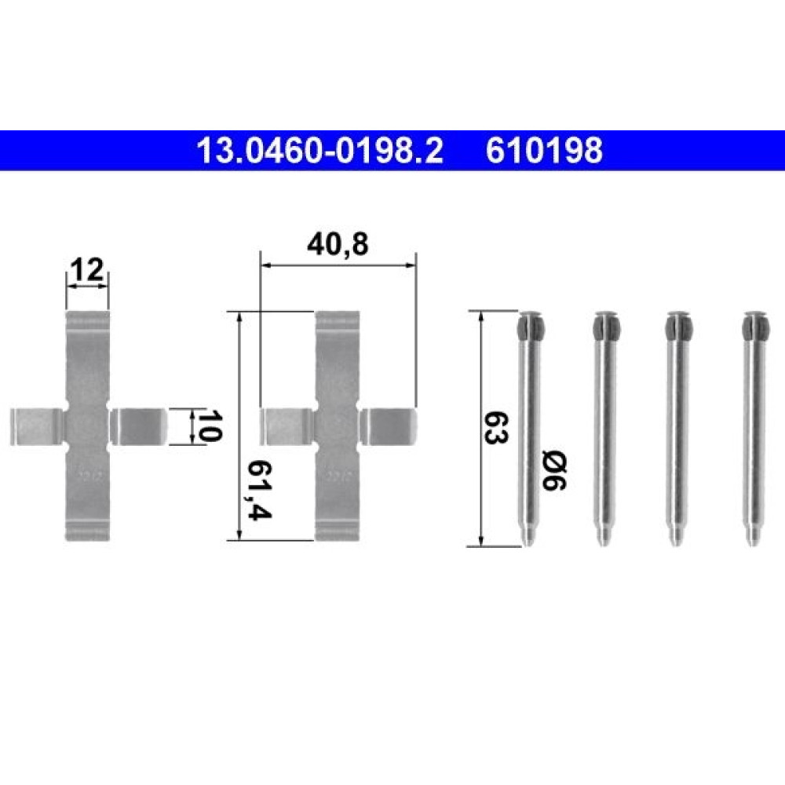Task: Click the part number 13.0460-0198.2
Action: pos(320,151)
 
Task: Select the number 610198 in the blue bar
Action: pos(544,151)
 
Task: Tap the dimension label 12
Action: pos(88,270)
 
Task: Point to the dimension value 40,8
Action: pos(338,245)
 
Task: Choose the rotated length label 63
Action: pos(496,428)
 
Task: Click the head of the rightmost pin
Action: pos(755,326)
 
